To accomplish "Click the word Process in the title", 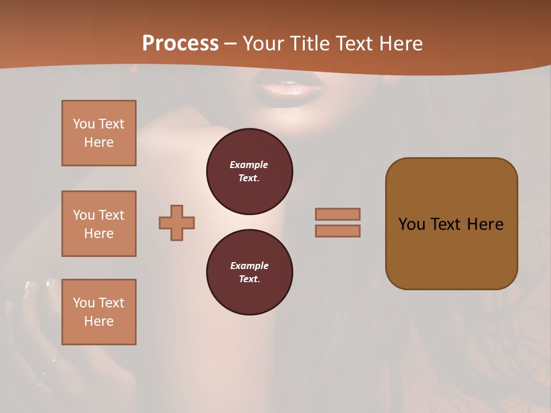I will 180,44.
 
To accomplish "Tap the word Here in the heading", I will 399,44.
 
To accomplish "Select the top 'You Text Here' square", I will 99,133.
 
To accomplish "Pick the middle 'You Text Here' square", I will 99,224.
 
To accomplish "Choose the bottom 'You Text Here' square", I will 99,312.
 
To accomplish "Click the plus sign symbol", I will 177,223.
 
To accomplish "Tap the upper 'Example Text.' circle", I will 250,172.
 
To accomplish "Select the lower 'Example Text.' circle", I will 250,272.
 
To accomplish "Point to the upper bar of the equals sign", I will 338,214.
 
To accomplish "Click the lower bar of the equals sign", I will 338,231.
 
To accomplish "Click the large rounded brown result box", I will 451,224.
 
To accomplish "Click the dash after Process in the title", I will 231,44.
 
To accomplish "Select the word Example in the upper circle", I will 249,165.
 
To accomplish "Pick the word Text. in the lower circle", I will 249,279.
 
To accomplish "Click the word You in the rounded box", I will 412,224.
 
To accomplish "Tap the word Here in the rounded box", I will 486,224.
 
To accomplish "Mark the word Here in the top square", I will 99,142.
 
